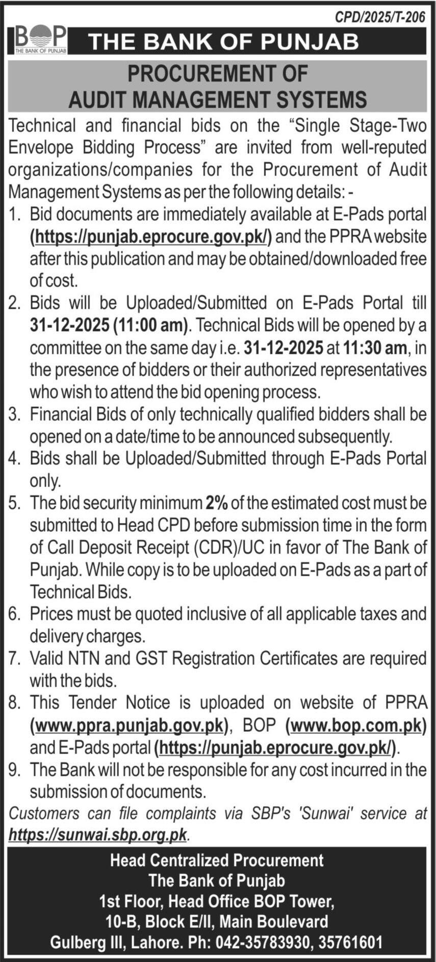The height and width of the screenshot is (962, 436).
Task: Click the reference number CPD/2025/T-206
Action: pos(380,18)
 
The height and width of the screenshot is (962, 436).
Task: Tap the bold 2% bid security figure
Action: pos(217,503)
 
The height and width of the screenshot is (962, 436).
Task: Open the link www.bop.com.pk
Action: pos(356,725)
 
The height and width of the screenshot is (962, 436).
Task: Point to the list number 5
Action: pos(14,503)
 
